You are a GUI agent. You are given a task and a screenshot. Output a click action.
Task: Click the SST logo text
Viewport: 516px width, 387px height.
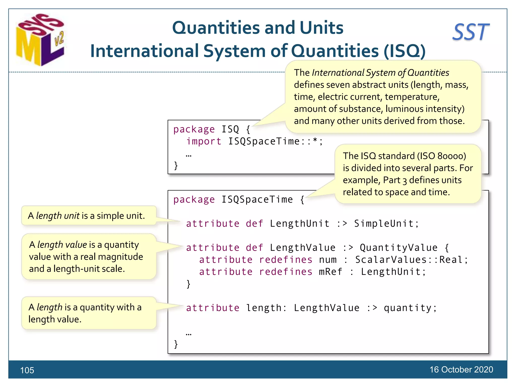point(471,32)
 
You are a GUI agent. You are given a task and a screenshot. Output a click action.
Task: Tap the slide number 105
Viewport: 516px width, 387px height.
point(27,370)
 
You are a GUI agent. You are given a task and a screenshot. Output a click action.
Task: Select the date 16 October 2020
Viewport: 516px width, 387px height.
point(461,369)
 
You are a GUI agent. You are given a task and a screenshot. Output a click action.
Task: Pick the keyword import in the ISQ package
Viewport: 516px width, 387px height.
point(204,141)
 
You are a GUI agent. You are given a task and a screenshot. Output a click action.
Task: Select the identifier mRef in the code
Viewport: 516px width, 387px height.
point(331,272)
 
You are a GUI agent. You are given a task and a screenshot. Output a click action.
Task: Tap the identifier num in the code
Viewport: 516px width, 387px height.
point(328,260)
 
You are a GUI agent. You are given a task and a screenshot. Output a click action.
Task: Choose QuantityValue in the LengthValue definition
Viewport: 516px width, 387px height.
point(399,248)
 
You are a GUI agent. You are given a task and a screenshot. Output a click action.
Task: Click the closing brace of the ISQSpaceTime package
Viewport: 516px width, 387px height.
point(176,344)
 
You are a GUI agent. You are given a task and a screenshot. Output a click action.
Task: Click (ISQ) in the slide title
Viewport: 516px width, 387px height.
point(405,51)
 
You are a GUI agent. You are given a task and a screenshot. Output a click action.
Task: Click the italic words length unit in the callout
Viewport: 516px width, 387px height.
point(58,216)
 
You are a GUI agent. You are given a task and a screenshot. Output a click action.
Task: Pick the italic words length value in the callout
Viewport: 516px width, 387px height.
point(62,245)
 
